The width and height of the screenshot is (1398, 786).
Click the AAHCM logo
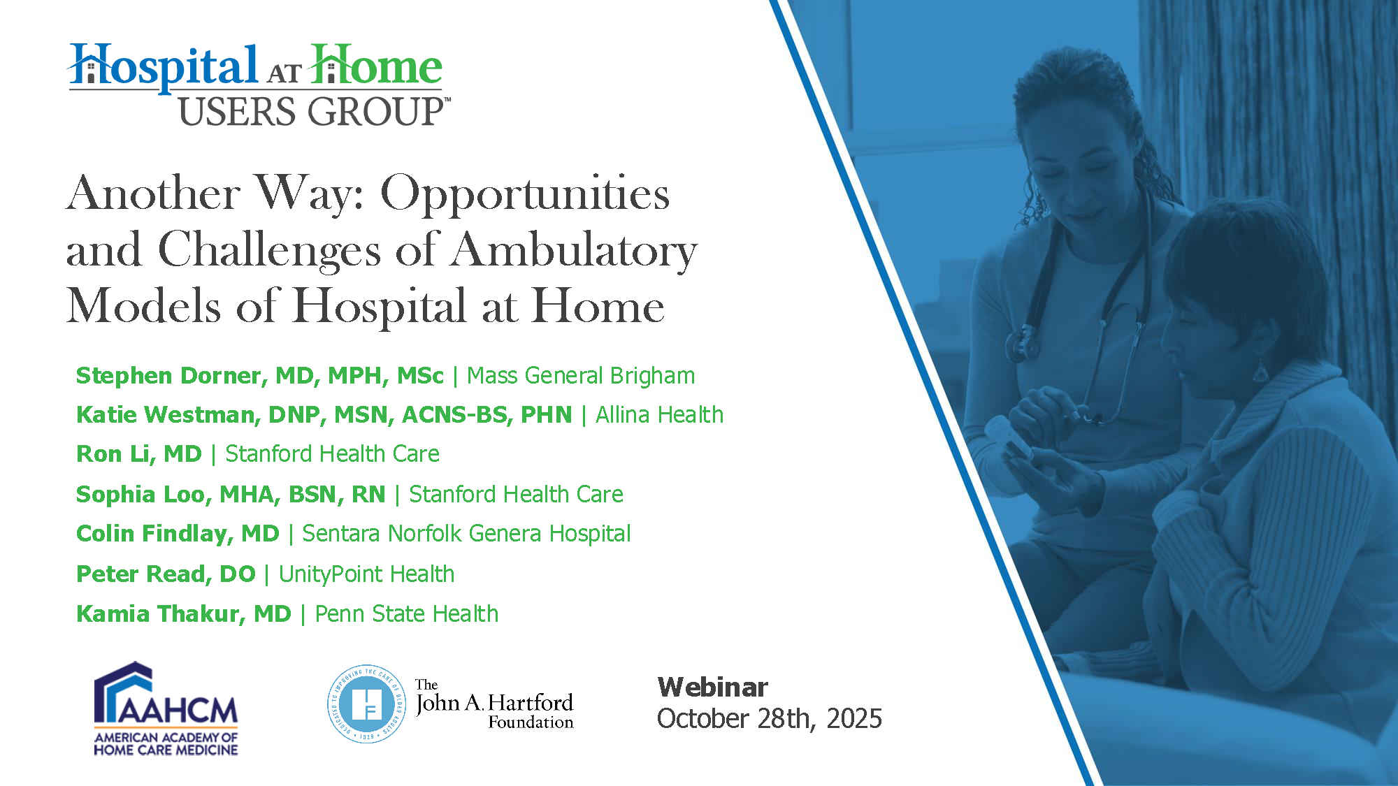click(x=166, y=708)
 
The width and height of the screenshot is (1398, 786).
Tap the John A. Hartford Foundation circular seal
click(x=367, y=704)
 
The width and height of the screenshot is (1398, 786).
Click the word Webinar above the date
click(x=712, y=687)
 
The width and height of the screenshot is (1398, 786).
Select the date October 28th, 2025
click(x=770, y=719)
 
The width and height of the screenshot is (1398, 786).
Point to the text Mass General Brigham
click(x=581, y=376)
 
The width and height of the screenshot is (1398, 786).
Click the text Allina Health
click(x=659, y=415)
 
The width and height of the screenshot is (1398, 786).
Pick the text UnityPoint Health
click(x=367, y=574)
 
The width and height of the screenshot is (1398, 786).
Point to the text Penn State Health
click(x=407, y=614)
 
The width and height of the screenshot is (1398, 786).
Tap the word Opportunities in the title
click(x=525, y=194)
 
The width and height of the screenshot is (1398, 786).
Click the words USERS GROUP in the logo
click(x=312, y=112)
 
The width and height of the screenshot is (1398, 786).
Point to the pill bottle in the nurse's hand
click(x=1007, y=437)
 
